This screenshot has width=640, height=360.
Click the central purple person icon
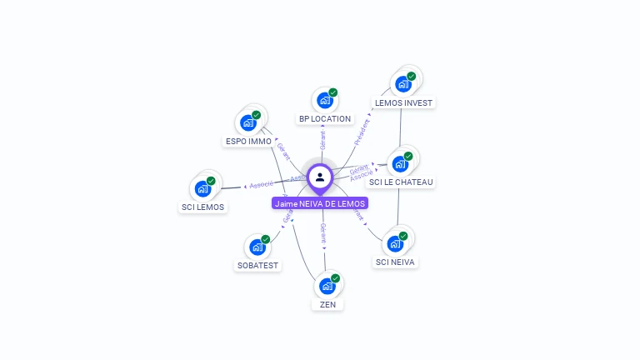click(320, 177)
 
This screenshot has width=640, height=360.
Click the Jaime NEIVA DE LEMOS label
click(320, 203)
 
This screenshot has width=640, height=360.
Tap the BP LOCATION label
click(325, 119)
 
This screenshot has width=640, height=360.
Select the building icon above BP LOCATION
click(325, 100)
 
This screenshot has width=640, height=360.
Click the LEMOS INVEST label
click(404, 103)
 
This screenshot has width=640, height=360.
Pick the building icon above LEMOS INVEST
click(403, 84)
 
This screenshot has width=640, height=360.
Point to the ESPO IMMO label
click(248, 142)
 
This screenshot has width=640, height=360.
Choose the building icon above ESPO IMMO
click(248, 122)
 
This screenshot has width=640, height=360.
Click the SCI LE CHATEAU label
click(401, 182)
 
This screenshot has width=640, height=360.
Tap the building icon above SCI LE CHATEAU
click(400, 163)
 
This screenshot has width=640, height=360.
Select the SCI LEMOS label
click(203, 207)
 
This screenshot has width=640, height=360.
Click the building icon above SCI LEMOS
click(203, 188)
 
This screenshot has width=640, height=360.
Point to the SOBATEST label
click(258, 266)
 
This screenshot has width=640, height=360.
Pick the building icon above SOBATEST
click(257, 247)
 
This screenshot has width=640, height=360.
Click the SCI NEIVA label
click(396, 262)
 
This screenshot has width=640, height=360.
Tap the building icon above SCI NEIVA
click(396, 243)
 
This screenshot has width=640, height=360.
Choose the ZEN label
click(327, 305)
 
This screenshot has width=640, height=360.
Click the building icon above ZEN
click(327, 286)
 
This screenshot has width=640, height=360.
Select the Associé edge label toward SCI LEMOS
click(262, 184)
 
